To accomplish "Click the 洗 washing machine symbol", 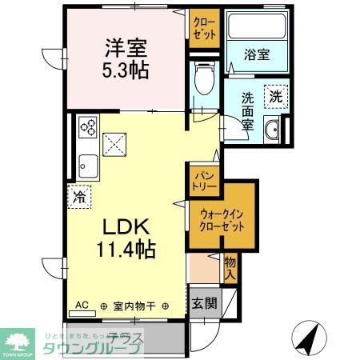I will [x=275, y=94].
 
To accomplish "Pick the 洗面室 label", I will [x=248, y=111].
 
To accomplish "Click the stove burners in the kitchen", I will [x=88, y=126].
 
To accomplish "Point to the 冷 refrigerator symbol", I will [x=80, y=195].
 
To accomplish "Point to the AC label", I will [x=82, y=305].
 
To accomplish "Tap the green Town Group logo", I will [x=17, y=340].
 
